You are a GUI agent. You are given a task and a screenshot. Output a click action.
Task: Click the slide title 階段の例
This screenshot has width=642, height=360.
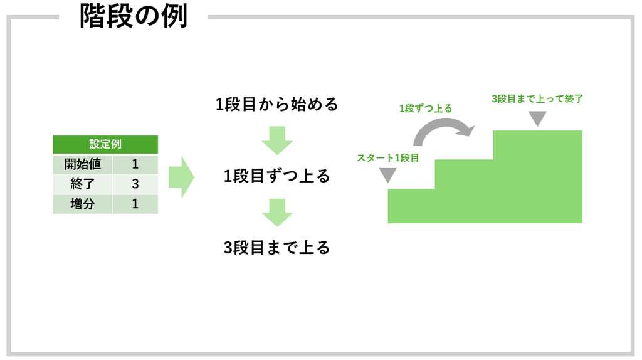tap(134, 16)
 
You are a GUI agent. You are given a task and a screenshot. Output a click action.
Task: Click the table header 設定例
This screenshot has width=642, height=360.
tap(105, 144)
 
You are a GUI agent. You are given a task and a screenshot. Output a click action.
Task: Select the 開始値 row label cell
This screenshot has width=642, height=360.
tap(82, 164)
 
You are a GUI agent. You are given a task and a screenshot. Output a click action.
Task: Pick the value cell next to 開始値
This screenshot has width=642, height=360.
tap(135, 164)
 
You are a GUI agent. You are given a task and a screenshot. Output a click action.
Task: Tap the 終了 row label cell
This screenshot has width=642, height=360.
tap(82, 184)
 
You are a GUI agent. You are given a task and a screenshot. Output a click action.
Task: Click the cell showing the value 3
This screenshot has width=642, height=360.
tap(135, 184)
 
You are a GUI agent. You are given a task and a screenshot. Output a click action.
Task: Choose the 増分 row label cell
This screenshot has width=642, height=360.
tap(82, 204)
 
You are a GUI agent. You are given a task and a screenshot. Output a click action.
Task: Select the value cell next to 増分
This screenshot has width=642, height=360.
tap(135, 204)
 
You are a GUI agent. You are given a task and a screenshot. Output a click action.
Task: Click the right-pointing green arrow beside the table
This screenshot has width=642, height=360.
tap(181, 177)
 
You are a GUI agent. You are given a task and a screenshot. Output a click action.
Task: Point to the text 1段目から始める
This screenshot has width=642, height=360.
tap(276, 105)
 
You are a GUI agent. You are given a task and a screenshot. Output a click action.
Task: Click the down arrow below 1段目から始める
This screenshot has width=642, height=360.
tap(277, 140)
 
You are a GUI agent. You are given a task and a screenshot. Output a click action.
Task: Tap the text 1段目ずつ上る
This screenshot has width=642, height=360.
tap(276, 176)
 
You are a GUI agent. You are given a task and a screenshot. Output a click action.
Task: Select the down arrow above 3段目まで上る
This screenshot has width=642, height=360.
tap(277, 213)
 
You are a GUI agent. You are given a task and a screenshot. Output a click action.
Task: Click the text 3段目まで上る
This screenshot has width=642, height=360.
tap(276, 248)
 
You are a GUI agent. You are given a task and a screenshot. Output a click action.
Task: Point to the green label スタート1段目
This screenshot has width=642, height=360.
tap(387, 158)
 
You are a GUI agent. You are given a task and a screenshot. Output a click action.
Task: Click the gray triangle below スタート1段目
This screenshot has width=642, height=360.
tap(387, 175)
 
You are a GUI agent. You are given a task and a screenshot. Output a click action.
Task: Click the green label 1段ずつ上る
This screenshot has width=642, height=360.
tap(426, 109)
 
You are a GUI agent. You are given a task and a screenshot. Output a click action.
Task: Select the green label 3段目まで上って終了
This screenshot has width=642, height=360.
tap(537, 98)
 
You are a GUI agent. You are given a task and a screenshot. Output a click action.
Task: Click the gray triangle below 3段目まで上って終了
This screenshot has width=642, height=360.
tap(537, 119)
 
